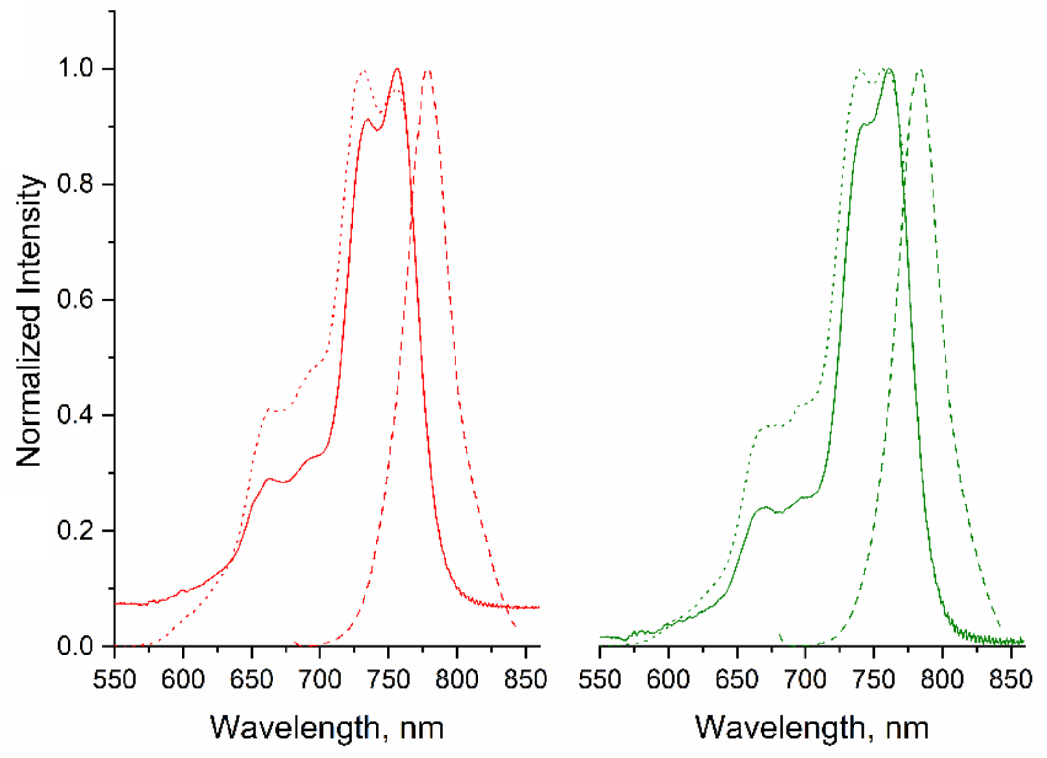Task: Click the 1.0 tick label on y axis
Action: click(75, 68)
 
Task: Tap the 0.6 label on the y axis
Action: click(75, 299)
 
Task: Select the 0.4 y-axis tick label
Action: click(75, 415)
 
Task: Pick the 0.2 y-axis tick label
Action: click(75, 530)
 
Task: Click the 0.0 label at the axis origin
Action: click(75, 646)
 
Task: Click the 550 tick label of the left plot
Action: click(114, 679)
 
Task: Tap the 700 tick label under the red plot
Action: click(320, 679)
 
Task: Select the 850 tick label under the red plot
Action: click(525, 679)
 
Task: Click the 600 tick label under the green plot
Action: click(668, 679)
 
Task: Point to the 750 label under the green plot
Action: click(874, 679)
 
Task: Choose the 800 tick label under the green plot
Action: click(942, 679)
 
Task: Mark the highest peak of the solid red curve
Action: click(397, 69)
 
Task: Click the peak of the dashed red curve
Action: click(428, 71)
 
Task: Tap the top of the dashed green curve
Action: click(920, 71)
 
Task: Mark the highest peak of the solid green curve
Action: click(889, 69)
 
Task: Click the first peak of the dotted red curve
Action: click(363, 71)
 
